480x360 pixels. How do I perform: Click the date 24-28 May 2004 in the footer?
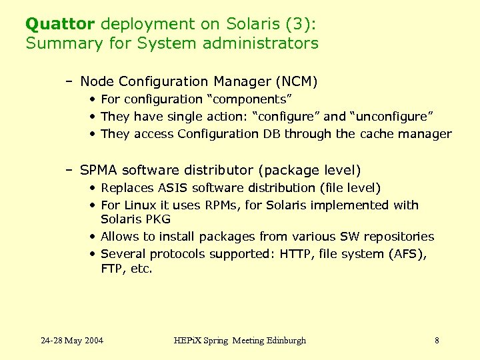[72, 341]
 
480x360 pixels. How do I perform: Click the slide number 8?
[437, 341]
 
